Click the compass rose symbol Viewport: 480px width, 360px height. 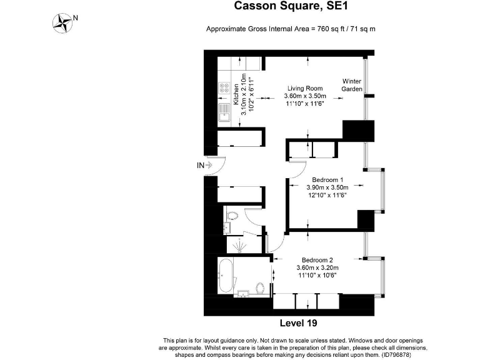(x=62, y=23)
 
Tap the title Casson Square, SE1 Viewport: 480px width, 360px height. (x=291, y=6)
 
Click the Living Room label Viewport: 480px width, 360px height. (x=305, y=89)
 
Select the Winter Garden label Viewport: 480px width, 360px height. (x=352, y=85)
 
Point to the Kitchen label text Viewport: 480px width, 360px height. (x=236, y=94)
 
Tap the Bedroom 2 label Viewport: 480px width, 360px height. (x=317, y=260)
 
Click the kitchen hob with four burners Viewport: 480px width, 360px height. (x=224, y=88)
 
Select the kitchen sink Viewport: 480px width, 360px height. (x=224, y=112)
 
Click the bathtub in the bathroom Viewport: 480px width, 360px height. (x=226, y=276)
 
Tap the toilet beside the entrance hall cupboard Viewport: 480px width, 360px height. (x=232, y=216)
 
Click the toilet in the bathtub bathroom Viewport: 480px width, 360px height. (x=260, y=287)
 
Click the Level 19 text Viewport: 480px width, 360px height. (x=299, y=323)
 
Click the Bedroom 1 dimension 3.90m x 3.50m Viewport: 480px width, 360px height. (x=327, y=187)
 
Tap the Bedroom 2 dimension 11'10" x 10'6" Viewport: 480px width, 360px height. (x=317, y=275)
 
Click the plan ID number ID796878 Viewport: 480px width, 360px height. (x=396, y=355)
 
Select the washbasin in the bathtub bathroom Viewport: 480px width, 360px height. (x=243, y=293)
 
